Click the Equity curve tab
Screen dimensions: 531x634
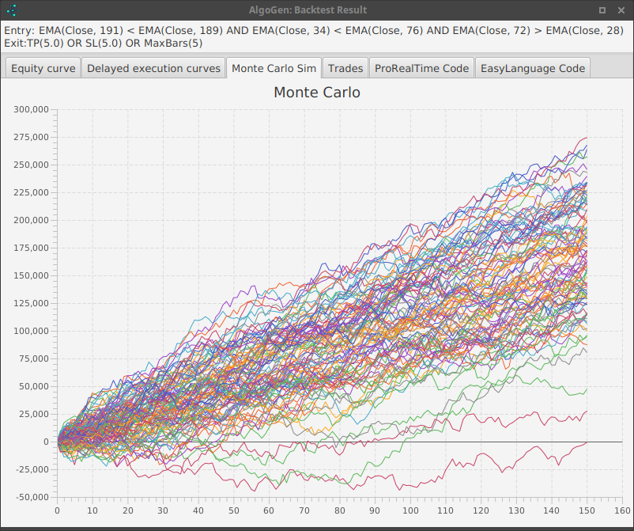[43, 68]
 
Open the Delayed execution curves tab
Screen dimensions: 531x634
[153, 68]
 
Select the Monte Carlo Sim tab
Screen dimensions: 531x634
[274, 68]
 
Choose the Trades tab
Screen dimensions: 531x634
[345, 68]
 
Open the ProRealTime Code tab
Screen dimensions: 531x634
[421, 68]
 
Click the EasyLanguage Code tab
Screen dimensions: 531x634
[533, 68]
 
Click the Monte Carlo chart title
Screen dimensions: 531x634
[316, 93]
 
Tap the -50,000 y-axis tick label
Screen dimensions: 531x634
[31, 497]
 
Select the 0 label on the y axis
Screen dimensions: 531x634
[46, 442]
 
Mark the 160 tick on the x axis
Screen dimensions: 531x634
[622, 511]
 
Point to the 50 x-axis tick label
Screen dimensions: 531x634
[234, 511]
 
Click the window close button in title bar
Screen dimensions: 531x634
[621, 10]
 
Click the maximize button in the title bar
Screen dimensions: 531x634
[602, 10]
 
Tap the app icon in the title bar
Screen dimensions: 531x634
[12, 10]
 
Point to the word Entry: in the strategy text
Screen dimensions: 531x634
[19, 30]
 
